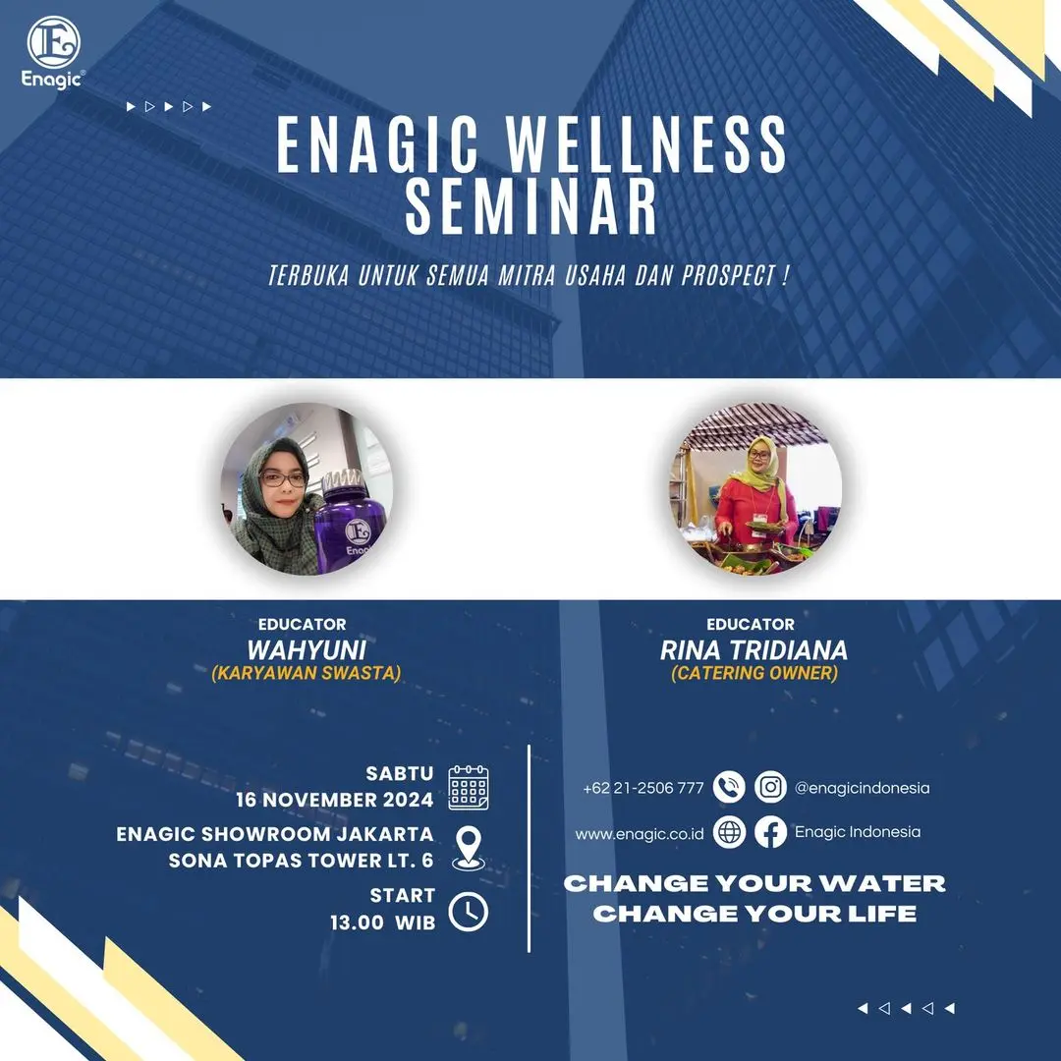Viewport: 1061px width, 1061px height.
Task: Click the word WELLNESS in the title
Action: (x=647, y=144)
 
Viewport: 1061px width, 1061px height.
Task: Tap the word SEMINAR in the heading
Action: (x=531, y=205)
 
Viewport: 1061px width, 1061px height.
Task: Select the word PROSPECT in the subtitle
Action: (x=729, y=275)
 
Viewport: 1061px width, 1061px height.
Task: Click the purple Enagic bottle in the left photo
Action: (x=351, y=521)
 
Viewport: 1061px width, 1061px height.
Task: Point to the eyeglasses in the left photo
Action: (x=284, y=479)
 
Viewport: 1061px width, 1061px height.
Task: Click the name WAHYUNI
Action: (x=307, y=650)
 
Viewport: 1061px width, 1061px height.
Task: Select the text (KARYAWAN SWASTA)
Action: (x=307, y=673)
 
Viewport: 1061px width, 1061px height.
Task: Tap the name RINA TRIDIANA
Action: (x=754, y=650)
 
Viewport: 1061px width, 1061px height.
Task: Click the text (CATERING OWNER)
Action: (x=754, y=673)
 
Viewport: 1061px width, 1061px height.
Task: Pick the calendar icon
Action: (x=469, y=788)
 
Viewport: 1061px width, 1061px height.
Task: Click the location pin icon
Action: (x=469, y=847)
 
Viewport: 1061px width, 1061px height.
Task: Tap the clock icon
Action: (x=469, y=912)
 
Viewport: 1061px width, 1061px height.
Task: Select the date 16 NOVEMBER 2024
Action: (x=334, y=800)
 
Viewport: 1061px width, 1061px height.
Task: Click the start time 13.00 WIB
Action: (x=383, y=922)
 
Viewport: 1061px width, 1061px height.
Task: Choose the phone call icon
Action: (x=729, y=787)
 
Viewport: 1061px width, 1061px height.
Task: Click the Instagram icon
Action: (x=770, y=787)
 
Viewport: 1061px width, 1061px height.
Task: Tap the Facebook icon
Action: (x=770, y=832)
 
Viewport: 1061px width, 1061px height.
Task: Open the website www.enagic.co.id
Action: (x=640, y=834)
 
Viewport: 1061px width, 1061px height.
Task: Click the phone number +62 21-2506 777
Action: (x=643, y=788)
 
